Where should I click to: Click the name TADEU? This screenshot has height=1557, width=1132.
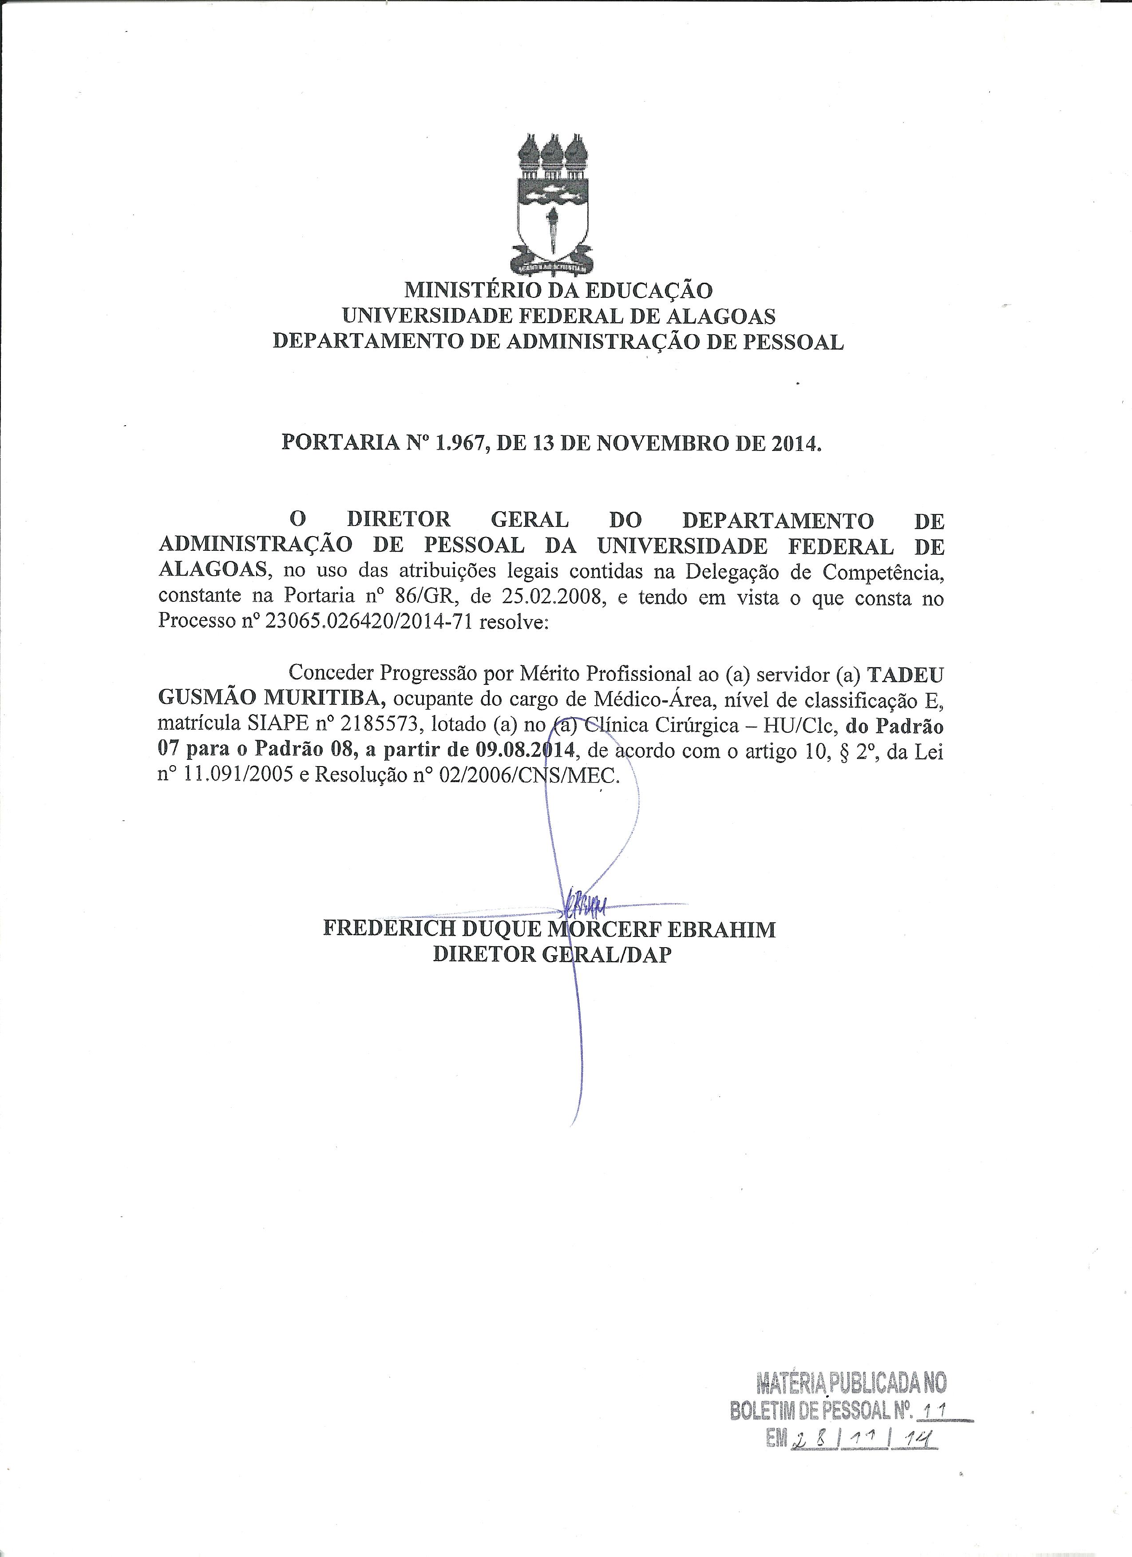(x=906, y=674)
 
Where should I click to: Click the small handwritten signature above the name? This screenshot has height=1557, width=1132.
(x=584, y=905)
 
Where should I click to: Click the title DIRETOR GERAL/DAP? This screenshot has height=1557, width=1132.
(x=552, y=954)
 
